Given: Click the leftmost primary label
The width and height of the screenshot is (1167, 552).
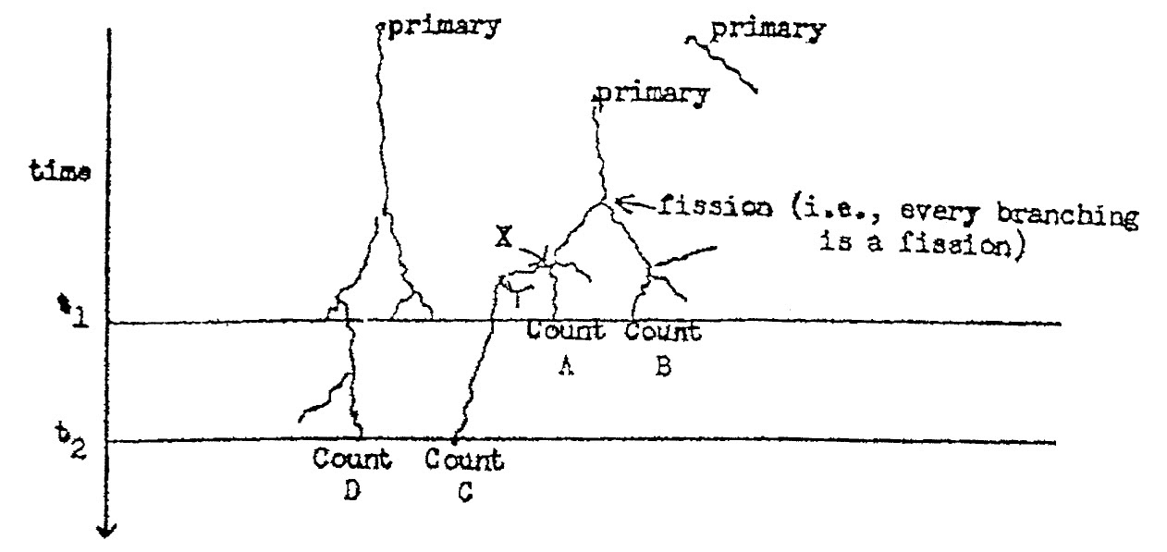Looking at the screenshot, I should pos(443,26).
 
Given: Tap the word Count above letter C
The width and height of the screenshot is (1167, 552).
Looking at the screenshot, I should pos(465,459).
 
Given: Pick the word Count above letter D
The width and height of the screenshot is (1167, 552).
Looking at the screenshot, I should pos(352,459).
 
